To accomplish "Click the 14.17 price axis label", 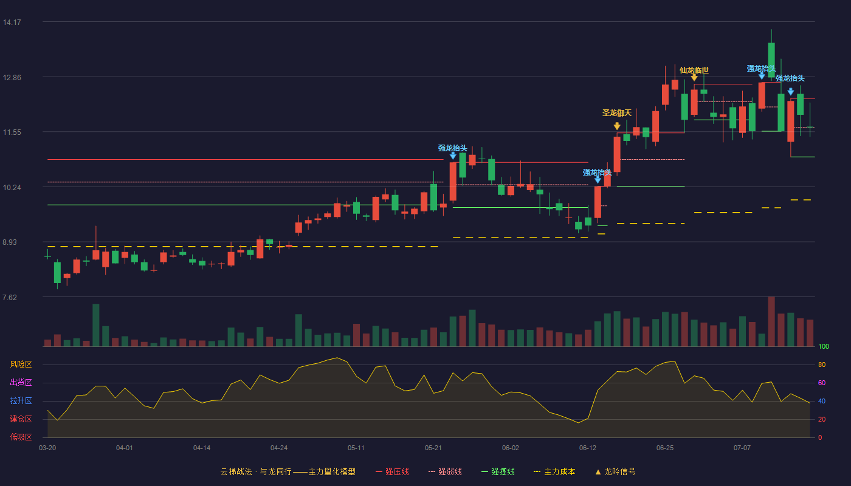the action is [x=12, y=22].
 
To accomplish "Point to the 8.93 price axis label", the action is [x=10, y=242].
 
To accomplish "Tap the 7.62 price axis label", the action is [x=10, y=297].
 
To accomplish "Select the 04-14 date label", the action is [x=202, y=448].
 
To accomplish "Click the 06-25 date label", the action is [x=665, y=448].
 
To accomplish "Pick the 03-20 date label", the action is [x=47, y=448].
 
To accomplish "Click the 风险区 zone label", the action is [x=21, y=364].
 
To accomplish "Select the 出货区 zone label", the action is [x=21, y=382].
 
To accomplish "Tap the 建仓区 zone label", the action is [x=21, y=419].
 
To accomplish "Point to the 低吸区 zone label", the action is [x=21, y=437].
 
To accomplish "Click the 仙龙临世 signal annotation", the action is [x=694, y=70].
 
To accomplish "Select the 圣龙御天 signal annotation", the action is [x=617, y=113].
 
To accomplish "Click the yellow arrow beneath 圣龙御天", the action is [x=617, y=126].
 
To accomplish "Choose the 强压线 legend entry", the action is [x=393, y=471].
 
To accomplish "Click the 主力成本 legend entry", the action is [x=554, y=471].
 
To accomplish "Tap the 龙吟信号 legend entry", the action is [x=615, y=471].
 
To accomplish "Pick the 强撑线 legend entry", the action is [x=498, y=471].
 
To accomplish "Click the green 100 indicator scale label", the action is [x=824, y=346].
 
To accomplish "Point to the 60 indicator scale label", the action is [x=822, y=383].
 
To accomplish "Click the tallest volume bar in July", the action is [x=771, y=321].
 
